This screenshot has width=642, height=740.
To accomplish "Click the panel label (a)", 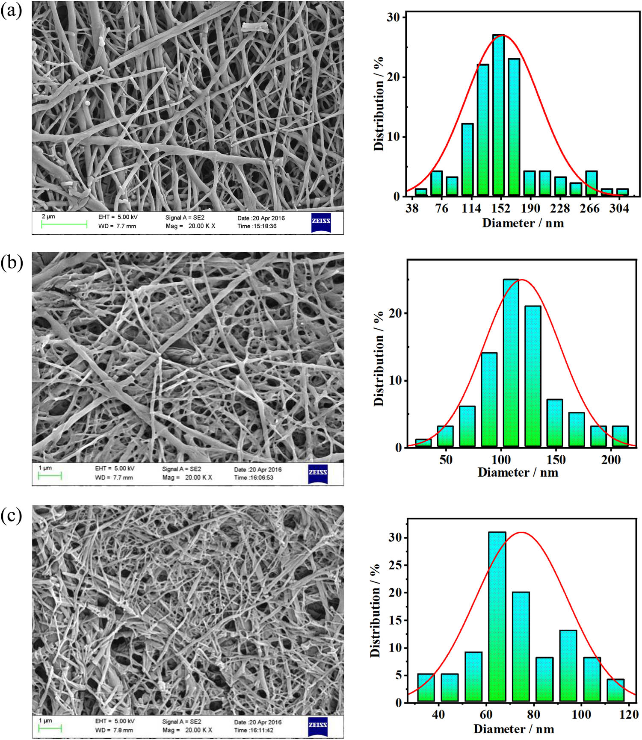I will click(x=12, y=10).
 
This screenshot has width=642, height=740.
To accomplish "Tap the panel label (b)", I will click(x=12, y=262).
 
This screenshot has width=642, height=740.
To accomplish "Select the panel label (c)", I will click(x=12, y=516).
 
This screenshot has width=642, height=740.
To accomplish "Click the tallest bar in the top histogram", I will click(x=498, y=115).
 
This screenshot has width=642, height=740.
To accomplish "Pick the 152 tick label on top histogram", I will click(x=500, y=208).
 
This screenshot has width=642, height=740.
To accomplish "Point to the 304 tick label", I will click(x=619, y=208).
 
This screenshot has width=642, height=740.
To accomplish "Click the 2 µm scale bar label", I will click(x=48, y=216).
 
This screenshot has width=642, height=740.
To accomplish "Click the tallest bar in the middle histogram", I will click(x=511, y=363).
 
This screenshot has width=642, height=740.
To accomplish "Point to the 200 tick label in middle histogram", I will click(x=610, y=460).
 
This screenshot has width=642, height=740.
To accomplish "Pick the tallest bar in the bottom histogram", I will click(x=497, y=616).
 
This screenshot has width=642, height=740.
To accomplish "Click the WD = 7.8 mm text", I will click(x=114, y=730).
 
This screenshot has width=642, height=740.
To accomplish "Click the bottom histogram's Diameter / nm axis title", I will click(x=514, y=729).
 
